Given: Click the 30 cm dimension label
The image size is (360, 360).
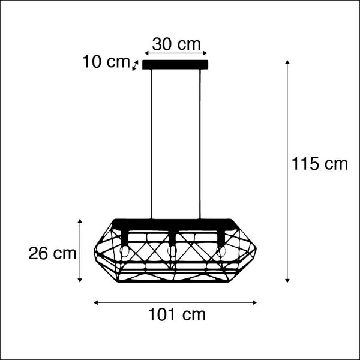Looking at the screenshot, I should pos(176,44).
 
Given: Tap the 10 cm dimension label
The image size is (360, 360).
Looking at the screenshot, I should pos(106,61).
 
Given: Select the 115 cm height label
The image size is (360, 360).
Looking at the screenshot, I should pos(320,164).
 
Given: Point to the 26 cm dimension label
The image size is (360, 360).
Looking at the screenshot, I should pos(52,253).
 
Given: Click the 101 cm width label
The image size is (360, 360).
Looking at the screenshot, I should pos(176,314).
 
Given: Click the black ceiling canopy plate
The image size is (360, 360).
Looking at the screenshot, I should pos(176,65).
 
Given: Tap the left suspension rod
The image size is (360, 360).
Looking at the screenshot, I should pos(152,144).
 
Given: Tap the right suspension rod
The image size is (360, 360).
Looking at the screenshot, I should pos(200,144).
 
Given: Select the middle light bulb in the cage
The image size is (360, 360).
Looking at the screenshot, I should pos(173,250).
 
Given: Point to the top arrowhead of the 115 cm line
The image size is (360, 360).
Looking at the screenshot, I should pos(288,62).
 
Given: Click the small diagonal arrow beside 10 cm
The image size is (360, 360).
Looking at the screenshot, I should pos(135,65).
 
